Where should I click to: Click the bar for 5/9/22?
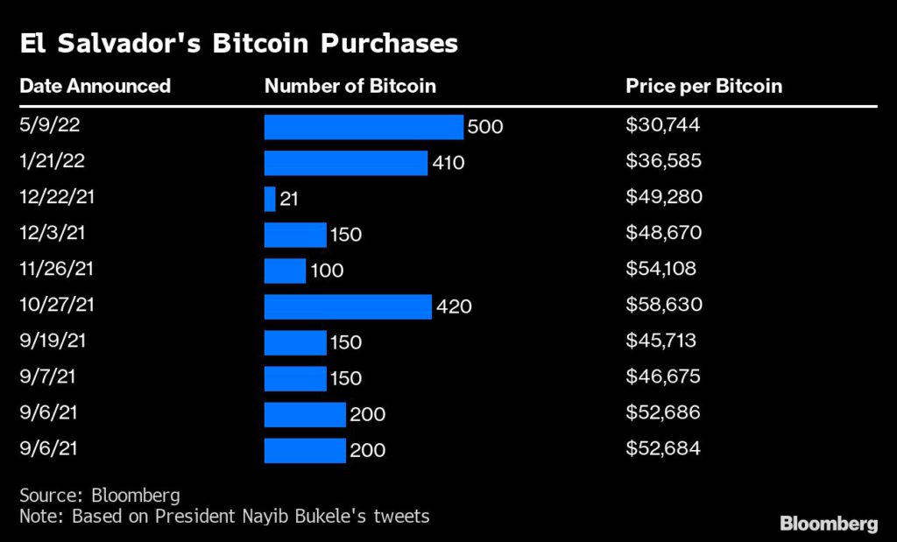tap(364, 127)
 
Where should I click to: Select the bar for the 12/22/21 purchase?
tap(270, 199)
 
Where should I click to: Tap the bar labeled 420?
tap(348, 306)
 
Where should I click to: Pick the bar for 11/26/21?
tap(285, 271)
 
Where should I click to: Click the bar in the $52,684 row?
tap(305, 451)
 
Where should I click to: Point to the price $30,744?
tap(663, 125)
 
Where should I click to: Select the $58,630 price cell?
tap(663, 306)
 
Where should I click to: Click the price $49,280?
tap(664, 197)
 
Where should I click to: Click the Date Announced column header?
tap(95, 86)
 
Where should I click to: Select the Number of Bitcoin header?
tap(350, 86)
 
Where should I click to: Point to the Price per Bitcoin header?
tap(703, 86)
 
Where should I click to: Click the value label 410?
tap(448, 163)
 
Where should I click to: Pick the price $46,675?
tap(663, 377)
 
